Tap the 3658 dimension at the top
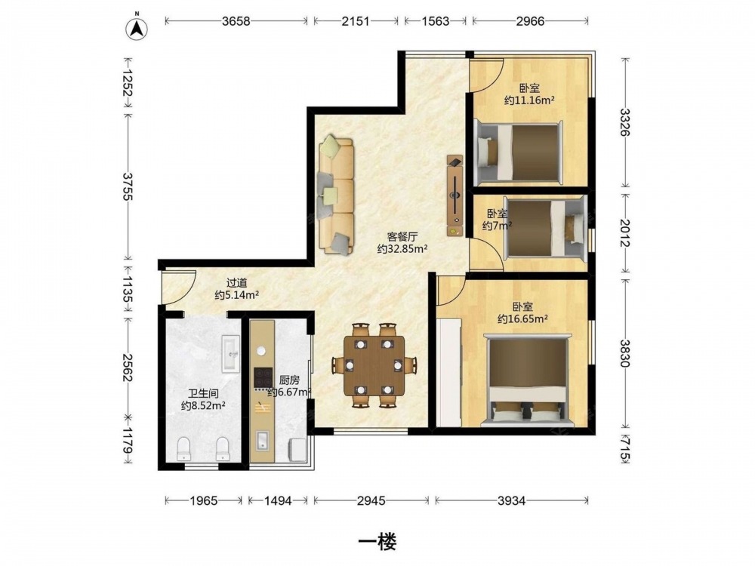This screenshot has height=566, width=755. tap(236, 21)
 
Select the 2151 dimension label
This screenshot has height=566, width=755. tap(356, 21)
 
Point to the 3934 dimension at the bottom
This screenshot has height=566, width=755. tap(511, 501)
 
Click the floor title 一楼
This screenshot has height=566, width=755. tap(377, 543)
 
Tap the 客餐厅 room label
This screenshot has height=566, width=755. tap(402, 237)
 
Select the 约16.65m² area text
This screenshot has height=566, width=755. tap(523, 318)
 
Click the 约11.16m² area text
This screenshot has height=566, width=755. tap(529, 100)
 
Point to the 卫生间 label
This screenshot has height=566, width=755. tap(203, 394)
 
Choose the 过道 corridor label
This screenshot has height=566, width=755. tap(236, 283)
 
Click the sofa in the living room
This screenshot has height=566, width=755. tap(336, 196)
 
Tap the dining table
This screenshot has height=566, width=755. tap(374, 366)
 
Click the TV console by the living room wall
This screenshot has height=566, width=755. tap(455, 195)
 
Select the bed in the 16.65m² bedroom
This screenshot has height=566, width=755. tap(527, 379)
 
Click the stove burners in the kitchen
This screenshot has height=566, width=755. tap(263, 378)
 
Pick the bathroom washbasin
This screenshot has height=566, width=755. tap(230, 354)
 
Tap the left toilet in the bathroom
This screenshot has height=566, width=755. tap(184, 448)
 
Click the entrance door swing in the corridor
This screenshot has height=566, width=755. tap(179, 288)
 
